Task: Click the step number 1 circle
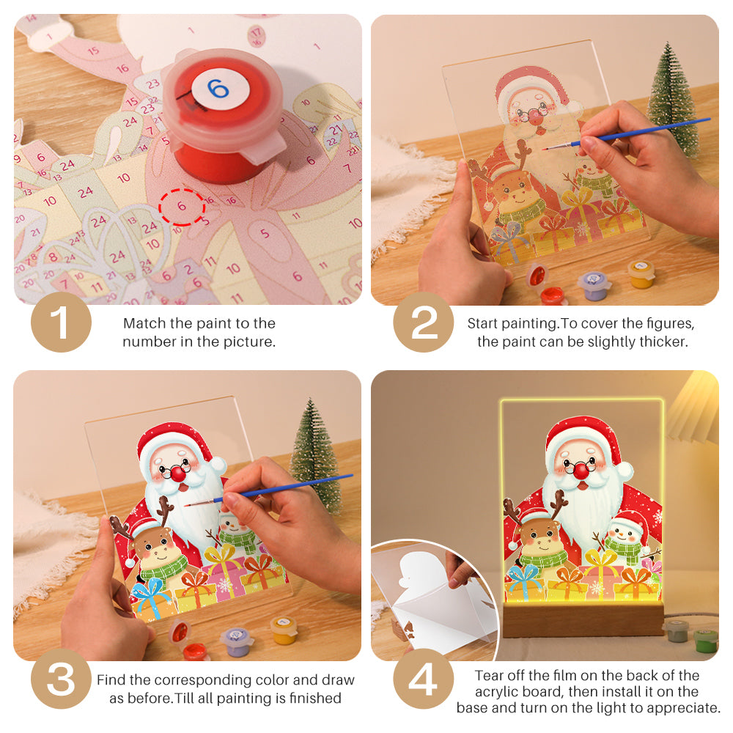click(x=61, y=323)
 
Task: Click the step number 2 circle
click(x=424, y=323)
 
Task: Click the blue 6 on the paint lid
click(x=218, y=89)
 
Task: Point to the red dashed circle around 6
click(x=182, y=207)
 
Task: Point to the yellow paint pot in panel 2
click(x=641, y=273)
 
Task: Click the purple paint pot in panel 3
click(x=237, y=639)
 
